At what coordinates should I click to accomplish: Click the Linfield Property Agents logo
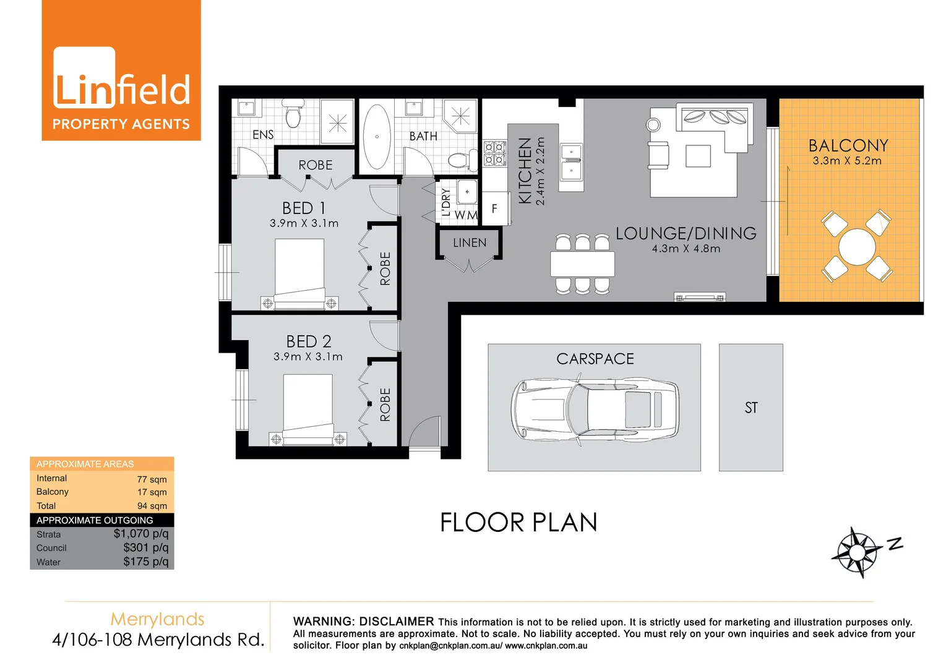tap(121, 71)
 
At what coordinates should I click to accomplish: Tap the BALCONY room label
tap(848, 146)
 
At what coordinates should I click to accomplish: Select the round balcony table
tap(857, 247)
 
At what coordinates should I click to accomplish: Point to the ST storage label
tap(751, 408)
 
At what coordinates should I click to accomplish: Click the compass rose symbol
tap(856, 552)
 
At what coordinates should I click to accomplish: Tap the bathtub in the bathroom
tap(377, 137)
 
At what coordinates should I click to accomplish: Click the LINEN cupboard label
tap(470, 243)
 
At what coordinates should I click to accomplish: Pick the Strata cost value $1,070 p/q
tap(141, 534)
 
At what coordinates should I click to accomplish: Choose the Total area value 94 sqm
tap(152, 506)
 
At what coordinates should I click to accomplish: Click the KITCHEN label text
tap(525, 171)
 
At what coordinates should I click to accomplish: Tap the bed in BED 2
tap(307, 409)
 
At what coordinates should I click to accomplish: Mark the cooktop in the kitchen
tap(495, 153)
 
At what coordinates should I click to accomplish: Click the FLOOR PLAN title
tap(518, 523)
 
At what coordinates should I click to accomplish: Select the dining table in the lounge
tap(582, 264)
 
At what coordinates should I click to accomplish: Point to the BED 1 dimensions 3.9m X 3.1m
tap(304, 223)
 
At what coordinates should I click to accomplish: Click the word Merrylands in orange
tap(157, 619)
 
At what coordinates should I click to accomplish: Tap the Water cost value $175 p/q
tap(146, 562)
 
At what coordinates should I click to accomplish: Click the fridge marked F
tap(494, 208)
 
